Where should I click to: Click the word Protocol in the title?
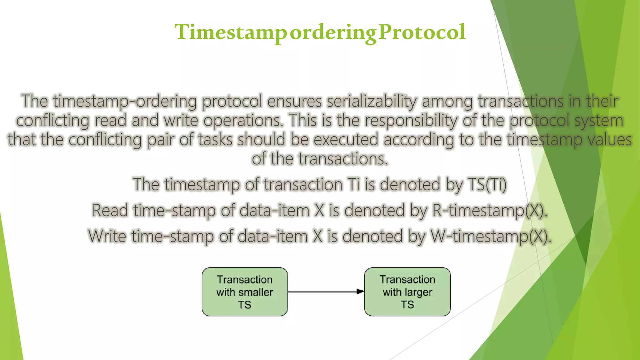click(422, 32)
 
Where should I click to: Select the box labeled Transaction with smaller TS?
click(245, 292)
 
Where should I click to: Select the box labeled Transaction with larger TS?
click(407, 292)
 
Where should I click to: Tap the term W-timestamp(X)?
click(491, 236)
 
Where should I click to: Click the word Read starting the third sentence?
click(110, 210)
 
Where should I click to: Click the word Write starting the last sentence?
click(107, 236)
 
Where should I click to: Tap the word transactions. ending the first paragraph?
click(343, 159)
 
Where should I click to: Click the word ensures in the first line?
click(294, 101)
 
